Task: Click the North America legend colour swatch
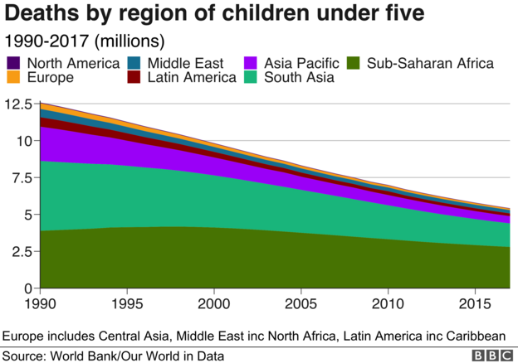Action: [13, 63]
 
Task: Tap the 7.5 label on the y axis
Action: [21, 178]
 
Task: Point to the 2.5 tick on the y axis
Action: [21, 252]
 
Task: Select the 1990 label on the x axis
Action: [40, 304]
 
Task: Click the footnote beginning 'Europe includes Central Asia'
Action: [254, 336]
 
